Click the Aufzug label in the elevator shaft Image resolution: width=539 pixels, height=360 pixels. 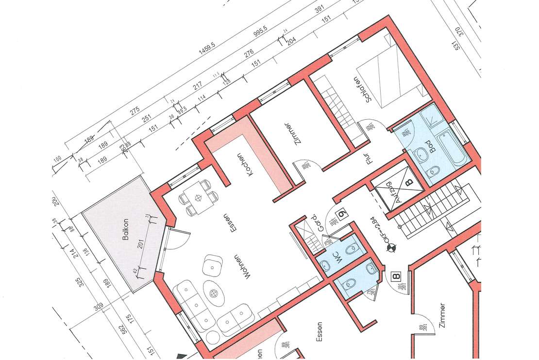point(395,196)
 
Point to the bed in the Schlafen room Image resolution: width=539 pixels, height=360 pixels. point(390,80)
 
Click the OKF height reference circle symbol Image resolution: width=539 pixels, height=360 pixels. point(389,250)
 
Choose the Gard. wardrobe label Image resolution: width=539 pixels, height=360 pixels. point(314,223)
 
